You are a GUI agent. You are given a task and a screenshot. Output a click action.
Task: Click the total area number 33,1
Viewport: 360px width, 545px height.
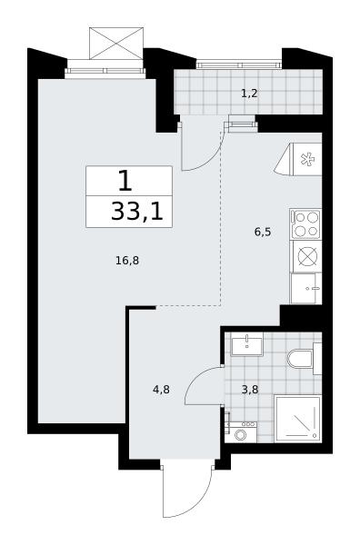click(x=137, y=212)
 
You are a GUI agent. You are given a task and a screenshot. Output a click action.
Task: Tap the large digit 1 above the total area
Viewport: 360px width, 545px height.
click(x=125, y=181)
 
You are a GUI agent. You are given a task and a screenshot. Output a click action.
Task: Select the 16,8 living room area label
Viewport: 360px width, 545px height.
click(x=127, y=261)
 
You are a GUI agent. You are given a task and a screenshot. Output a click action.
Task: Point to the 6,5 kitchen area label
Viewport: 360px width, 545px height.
click(x=263, y=232)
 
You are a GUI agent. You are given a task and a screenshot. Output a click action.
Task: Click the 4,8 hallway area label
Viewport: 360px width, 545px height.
click(x=161, y=390)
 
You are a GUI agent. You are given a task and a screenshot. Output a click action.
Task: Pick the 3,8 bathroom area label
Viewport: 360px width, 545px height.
click(x=250, y=390)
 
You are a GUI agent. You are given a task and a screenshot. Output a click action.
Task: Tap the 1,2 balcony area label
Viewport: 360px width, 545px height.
click(x=249, y=94)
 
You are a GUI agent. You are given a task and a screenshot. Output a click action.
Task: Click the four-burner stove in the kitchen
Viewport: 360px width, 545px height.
click(x=305, y=224)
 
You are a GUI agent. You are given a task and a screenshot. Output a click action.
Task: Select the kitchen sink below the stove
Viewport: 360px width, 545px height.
click(x=306, y=288)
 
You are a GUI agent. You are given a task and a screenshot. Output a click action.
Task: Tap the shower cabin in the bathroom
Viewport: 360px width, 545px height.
click(x=298, y=419)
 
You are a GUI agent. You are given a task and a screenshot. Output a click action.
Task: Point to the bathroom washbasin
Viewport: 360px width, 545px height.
click(x=247, y=343)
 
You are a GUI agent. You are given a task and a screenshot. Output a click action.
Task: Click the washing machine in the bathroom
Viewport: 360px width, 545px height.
click(x=241, y=432)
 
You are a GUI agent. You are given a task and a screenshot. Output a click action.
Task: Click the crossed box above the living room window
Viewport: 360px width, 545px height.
click(x=116, y=44)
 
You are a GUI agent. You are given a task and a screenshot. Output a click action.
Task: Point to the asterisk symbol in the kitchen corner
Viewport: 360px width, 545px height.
click(x=308, y=160)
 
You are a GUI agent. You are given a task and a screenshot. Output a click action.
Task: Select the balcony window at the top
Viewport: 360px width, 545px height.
click(x=238, y=64)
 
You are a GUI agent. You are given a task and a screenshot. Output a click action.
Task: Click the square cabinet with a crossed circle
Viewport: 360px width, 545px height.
click(x=306, y=256)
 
